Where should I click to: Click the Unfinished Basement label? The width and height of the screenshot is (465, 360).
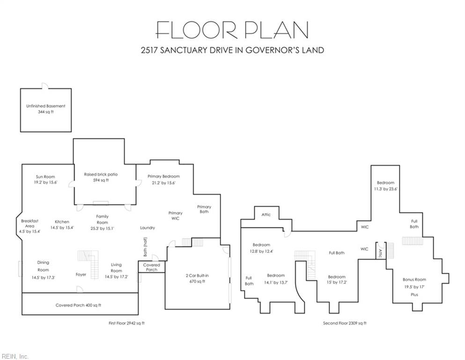(46, 106)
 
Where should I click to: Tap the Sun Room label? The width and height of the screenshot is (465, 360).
(45, 177)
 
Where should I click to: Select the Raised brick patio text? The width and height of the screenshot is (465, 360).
(101, 174)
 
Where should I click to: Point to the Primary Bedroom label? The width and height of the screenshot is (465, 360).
(164, 176)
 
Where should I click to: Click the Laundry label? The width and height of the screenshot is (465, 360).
(148, 228)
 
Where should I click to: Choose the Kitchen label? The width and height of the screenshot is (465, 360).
(62, 222)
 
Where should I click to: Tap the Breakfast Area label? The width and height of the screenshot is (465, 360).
(30, 224)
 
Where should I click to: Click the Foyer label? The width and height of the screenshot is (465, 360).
(81, 275)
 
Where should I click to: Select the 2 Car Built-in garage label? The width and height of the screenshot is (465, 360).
(197, 276)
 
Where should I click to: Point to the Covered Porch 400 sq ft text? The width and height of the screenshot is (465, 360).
(78, 305)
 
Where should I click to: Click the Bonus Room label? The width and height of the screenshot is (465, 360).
(414, 279)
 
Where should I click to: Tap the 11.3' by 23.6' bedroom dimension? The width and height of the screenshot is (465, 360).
(385, 189)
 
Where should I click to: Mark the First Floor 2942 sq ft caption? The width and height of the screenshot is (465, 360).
(126, 323)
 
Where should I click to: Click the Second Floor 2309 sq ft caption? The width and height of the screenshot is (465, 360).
(345, 323)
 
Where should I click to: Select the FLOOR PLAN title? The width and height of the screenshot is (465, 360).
(232, 30)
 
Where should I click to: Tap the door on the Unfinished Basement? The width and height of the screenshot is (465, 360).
(45, 86)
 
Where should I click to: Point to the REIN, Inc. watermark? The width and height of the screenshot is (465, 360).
(15, 356)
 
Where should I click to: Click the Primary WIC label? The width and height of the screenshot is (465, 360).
(175, 216)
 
